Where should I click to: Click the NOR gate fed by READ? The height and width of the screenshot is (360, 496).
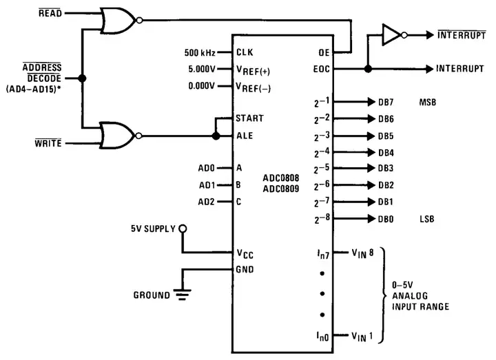(x=117, y=21)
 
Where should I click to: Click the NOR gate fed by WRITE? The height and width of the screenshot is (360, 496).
(x=117, y=135)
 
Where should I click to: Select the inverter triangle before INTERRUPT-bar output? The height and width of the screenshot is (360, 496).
(x=392, y=34)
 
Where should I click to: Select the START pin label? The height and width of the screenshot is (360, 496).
(x=249, y=118)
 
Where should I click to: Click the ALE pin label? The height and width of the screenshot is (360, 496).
(x=245, y=136)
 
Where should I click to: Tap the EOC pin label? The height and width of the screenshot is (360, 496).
(x=321, y=69)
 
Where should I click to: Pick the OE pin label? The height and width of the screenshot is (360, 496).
(x=324, y=52)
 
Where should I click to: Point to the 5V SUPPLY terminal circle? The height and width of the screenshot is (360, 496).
(x=182, y=229)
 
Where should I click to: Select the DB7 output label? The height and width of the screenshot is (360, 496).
(x=386, y=103)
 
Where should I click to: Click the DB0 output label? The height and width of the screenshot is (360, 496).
(x=386, y=220)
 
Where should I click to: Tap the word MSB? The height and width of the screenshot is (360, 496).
(x=428, y=103)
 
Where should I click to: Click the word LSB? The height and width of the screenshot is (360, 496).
(x=427, y=220)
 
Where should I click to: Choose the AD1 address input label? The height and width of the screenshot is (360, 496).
(x=207, y=185)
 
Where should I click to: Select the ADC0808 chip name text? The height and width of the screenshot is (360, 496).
(x=281, y=178)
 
